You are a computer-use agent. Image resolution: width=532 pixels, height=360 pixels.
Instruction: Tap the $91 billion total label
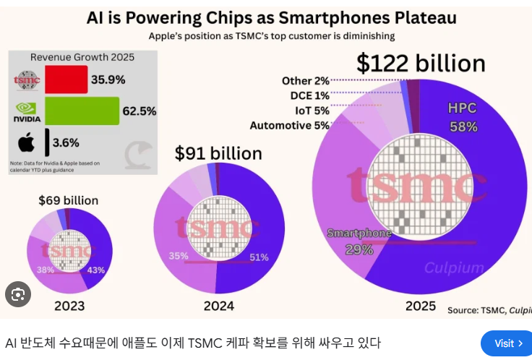point(218,153)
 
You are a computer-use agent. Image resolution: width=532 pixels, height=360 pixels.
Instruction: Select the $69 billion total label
point(69,200)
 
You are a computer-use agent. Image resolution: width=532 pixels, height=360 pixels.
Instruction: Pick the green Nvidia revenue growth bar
point(81,111)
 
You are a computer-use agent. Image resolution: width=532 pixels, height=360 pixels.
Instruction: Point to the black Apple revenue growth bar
point(47,142)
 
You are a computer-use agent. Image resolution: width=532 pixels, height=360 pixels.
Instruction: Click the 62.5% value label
point(140,111)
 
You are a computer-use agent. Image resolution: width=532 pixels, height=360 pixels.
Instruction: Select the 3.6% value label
point(65,142)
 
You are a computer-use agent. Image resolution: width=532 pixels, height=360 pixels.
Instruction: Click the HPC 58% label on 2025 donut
point(463,117)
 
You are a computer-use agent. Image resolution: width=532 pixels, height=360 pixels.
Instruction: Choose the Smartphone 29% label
point(359,241)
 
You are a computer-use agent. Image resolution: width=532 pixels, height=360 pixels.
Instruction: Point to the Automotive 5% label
point(289,126)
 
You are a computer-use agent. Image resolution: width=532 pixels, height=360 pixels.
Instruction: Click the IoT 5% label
point(312,111)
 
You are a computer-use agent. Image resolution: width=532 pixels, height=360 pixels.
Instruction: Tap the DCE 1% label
point(309,95)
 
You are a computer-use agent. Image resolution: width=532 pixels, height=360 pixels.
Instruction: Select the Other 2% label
point(306,81)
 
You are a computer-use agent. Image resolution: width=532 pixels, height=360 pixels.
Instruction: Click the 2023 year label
point(69,305)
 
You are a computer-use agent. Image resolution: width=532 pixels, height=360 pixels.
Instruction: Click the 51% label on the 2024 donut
point(258,257)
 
